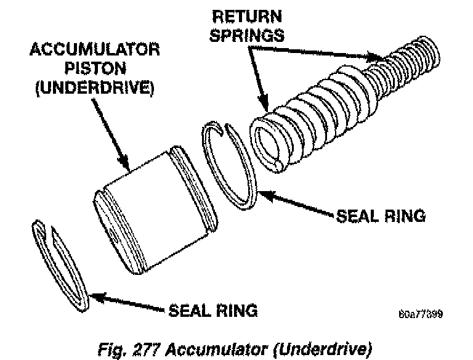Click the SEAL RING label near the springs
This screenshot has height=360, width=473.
379,216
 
